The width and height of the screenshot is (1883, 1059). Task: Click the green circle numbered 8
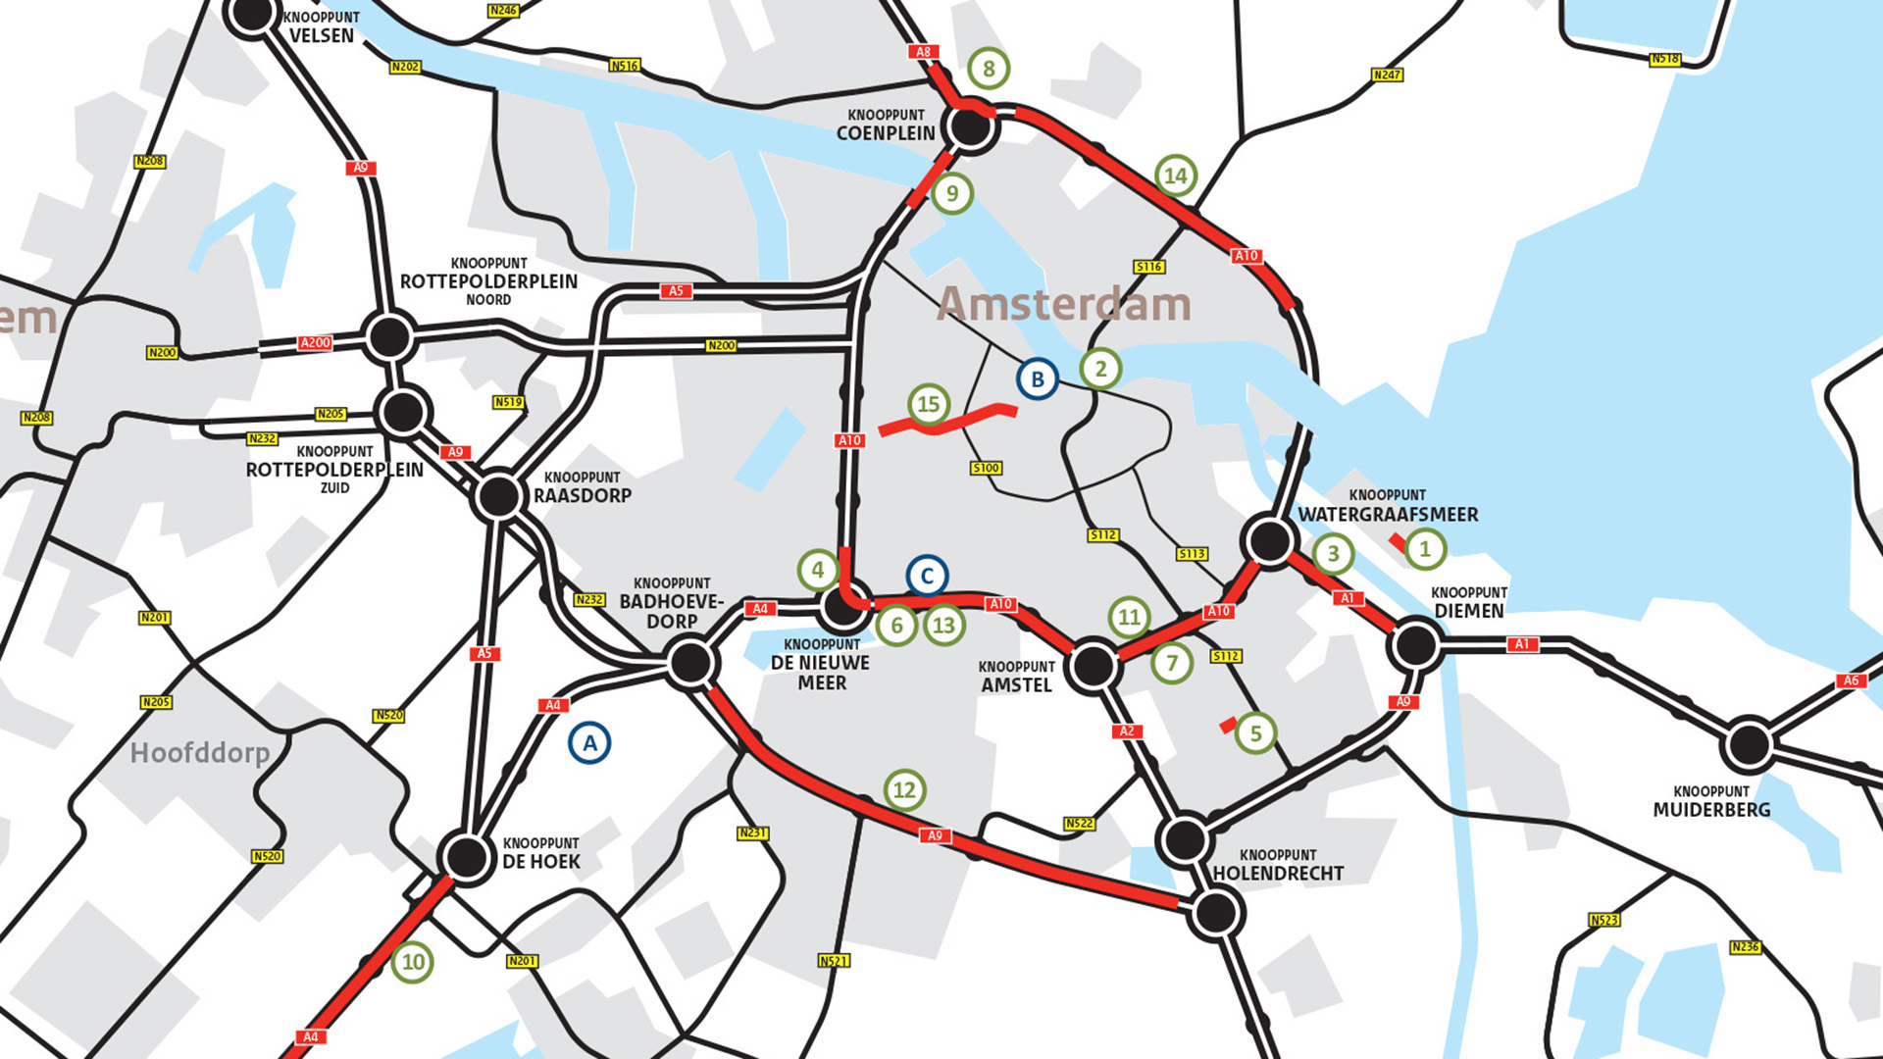989,69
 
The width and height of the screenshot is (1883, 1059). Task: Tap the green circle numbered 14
1176,176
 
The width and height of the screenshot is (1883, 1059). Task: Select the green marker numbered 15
928,404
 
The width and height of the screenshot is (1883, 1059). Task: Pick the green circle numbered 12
904,790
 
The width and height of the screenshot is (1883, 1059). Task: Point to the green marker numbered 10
413,962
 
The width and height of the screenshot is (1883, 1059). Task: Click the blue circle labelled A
589,743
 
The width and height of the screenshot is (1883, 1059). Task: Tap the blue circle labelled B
1037,379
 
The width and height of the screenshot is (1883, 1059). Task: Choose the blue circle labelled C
927,577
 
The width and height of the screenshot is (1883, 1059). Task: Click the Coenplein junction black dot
970,126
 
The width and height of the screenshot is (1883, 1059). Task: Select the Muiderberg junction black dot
1749,745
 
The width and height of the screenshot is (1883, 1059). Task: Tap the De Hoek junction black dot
466,857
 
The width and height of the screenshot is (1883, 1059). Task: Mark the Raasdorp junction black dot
498,497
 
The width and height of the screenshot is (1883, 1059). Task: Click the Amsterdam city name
1064,304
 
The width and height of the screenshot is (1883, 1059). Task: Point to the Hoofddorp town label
200,753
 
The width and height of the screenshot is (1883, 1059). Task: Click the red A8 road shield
923,52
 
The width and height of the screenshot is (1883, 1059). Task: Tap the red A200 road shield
315,343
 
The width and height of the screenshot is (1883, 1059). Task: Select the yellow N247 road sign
1387,75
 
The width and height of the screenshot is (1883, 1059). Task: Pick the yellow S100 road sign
986,468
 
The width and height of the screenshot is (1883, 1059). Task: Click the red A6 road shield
1850,681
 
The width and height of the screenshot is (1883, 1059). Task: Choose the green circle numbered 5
1255,733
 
